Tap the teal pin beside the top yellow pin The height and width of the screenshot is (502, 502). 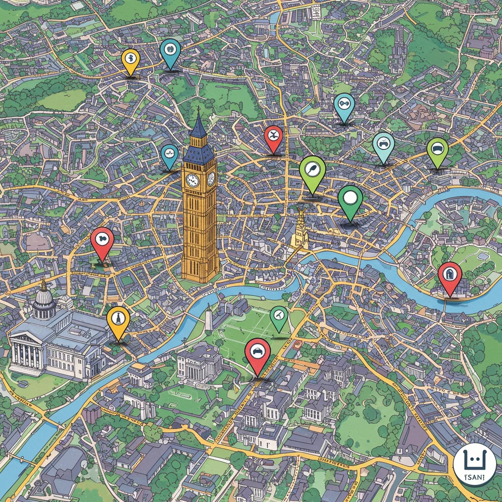[170, 50]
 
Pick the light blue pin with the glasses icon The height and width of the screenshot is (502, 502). [344, 104]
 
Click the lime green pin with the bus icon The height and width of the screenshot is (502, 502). [437, 149]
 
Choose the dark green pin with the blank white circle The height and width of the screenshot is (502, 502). [350, 199]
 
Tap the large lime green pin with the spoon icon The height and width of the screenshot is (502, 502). [312, 170]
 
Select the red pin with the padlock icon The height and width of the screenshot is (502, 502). [450, 275]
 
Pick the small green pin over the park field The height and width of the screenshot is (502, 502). [278, 316]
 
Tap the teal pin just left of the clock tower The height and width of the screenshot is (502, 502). [170, 154]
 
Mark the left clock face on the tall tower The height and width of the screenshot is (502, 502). [192, 180]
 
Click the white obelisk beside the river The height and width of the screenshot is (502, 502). [208, 319]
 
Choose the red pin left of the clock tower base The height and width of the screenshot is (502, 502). [102, 242]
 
